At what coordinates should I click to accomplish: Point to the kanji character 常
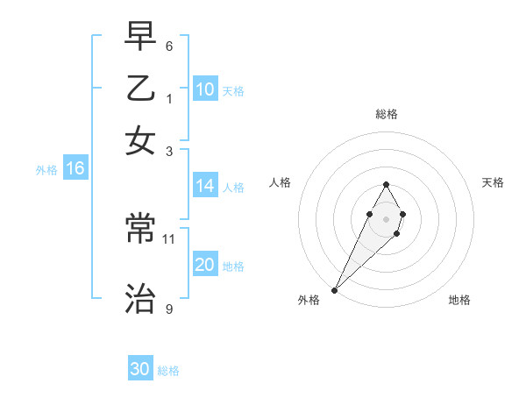point(140,230)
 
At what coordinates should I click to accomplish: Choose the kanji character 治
point(140,300)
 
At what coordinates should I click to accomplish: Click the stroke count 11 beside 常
point(169,238)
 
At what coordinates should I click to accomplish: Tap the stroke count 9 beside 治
point(169,309)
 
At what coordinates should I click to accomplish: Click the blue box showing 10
point(205,89)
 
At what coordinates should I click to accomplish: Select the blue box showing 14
point(205,186)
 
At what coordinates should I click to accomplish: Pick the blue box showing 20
point(205,266)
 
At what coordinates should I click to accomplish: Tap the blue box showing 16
point(75,169)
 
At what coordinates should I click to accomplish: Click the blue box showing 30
point(140,369)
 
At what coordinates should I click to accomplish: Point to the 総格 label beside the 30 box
point(168,371)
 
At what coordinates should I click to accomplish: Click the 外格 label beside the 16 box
point(46,170)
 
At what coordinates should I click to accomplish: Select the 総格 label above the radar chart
point(386,114)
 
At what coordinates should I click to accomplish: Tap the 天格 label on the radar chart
point(494,182)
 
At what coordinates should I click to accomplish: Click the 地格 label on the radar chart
point(459,300)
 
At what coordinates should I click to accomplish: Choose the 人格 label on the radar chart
point(281,182)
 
